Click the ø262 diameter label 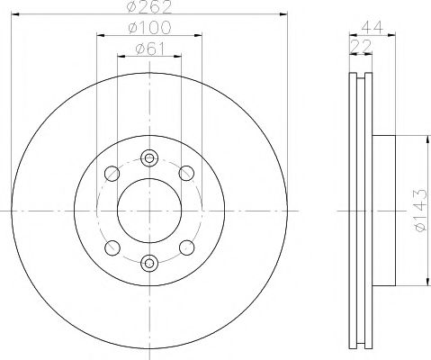point(149,6)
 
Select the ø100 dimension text point(149,28)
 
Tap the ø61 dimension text point(150,49)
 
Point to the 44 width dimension point(373,28)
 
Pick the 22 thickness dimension point(361,46)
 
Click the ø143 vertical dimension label point(419,211)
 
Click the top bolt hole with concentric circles point(149,158)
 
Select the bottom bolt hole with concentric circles point(149,263)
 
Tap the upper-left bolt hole point(112,174)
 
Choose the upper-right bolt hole point(186,173)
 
